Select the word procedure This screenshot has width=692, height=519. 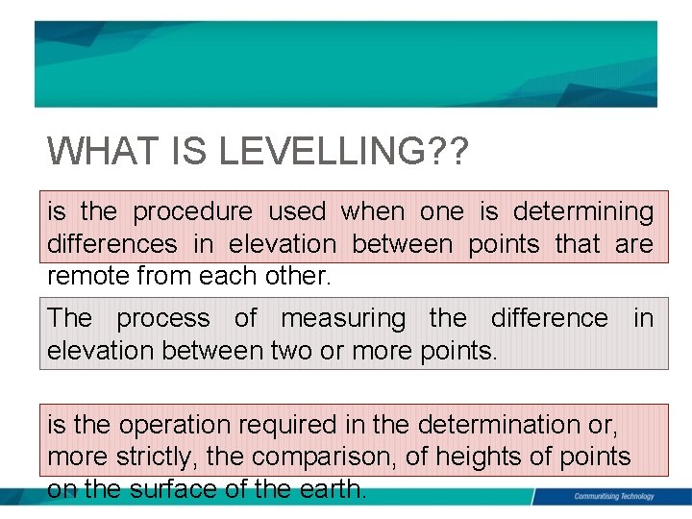[x=192, y=211]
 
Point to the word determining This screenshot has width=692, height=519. [x=582, y=211]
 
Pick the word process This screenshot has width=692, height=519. [x=162, y=318]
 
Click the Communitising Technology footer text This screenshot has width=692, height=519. [x=613, y=496]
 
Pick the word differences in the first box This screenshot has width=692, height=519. [x=112, y=245]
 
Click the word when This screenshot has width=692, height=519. [x=373, y=211]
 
